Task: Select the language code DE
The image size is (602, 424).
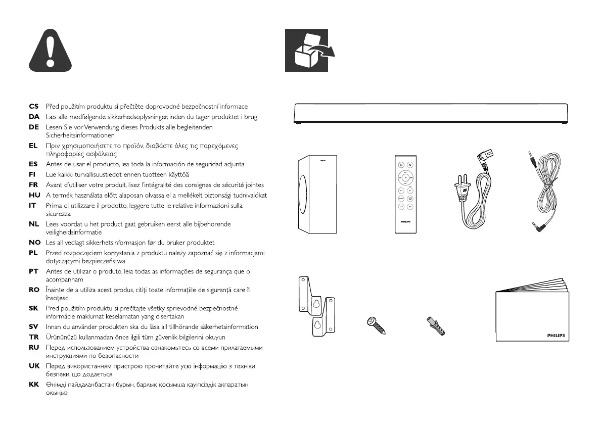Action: click(34, 127)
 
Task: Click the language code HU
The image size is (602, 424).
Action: click(34, 195)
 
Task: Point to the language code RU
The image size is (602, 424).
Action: click(34, 348)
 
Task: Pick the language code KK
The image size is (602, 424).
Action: click(34, 385)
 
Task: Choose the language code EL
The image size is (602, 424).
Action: click(34, 146)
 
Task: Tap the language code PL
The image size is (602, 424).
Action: click(34, 253)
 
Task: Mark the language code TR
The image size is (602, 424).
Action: click(34, 337)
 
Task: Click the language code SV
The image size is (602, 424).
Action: click(34, 327)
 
